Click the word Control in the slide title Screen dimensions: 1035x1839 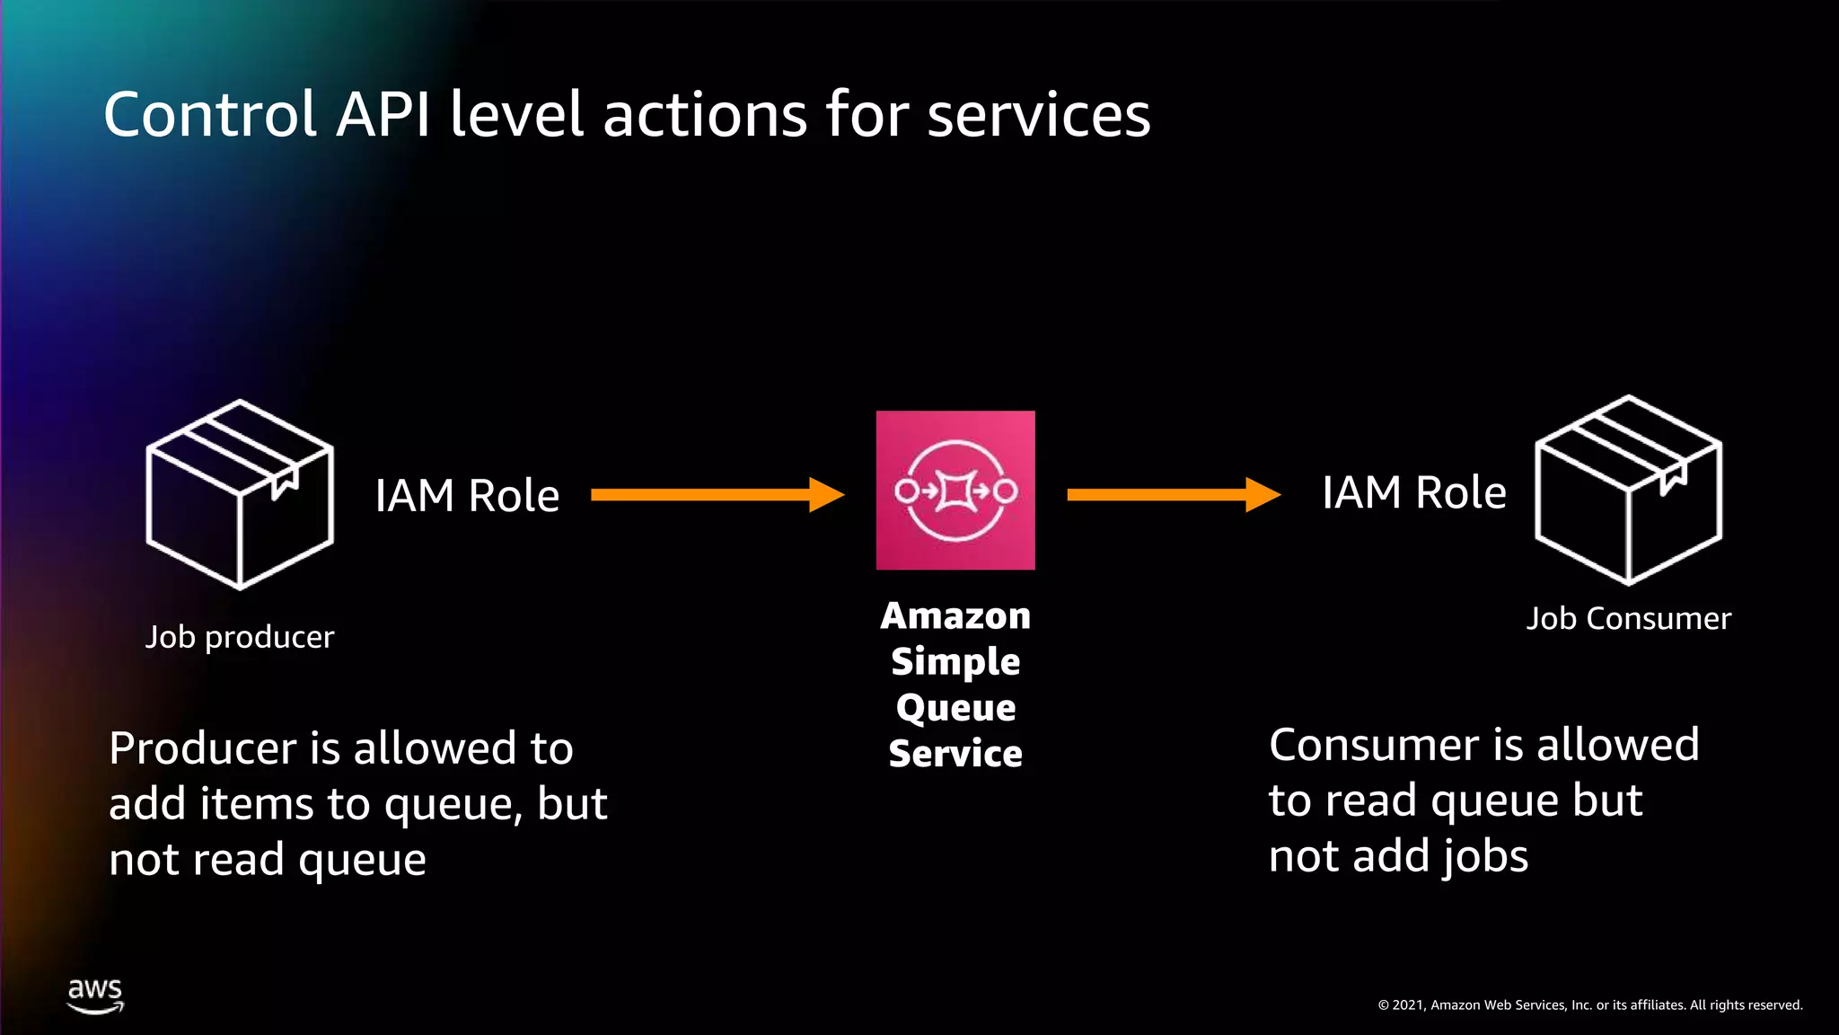pos(210,115)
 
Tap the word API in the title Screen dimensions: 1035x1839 pos(383,115)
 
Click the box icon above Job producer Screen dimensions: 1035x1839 pos(240,494)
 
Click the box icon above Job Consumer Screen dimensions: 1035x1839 pos(1628,491)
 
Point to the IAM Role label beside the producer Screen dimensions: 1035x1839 pos(467,496)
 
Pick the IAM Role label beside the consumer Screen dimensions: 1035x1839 pos(1413,493)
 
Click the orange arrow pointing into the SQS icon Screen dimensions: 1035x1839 pos(717,494)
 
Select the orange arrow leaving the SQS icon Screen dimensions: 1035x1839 pos(1172,494)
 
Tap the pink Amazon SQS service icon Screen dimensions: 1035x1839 pos(955,490)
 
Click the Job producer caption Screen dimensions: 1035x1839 pos(240,637)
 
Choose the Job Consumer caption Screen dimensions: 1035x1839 pos(1628,619)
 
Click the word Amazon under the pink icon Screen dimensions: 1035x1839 pos(955,616)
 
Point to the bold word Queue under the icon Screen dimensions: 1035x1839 pos(955,708)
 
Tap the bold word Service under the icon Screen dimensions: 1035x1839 pos(955,754)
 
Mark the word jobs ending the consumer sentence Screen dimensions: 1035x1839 pos(1484,856)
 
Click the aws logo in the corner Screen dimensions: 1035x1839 pos(95,995)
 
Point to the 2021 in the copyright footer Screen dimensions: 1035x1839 pos(1408,1005)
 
